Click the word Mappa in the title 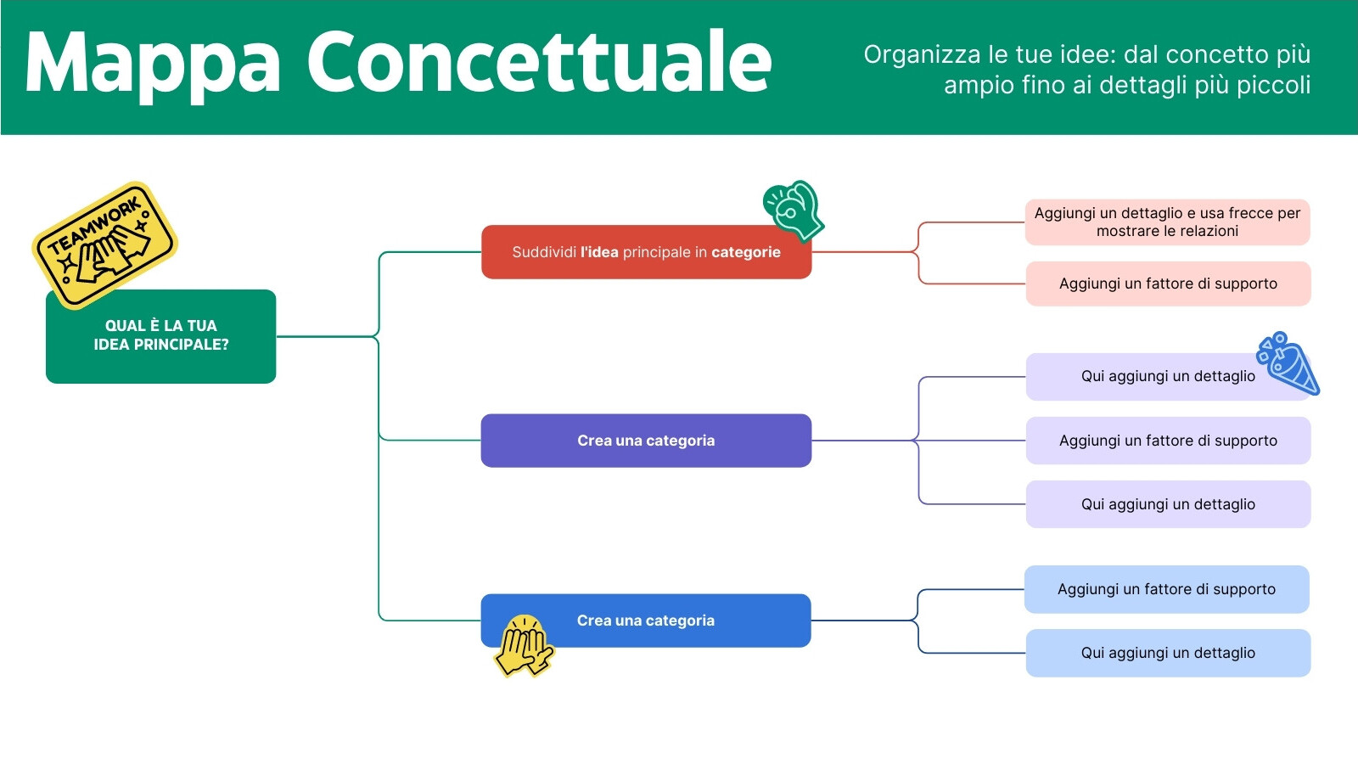click(153, 65)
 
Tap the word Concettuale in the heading click(539, 63)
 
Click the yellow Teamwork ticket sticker click(104, 243)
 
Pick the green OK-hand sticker click(794, 209)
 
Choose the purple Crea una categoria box click(646, 441)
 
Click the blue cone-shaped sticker click(1290, 363)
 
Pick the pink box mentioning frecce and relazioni click(1167, 222)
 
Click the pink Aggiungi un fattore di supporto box click(1168, 284)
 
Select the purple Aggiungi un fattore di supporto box click(1168, 441)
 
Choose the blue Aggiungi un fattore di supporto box click(1166, 589)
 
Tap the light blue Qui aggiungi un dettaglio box click(1168, 653)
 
